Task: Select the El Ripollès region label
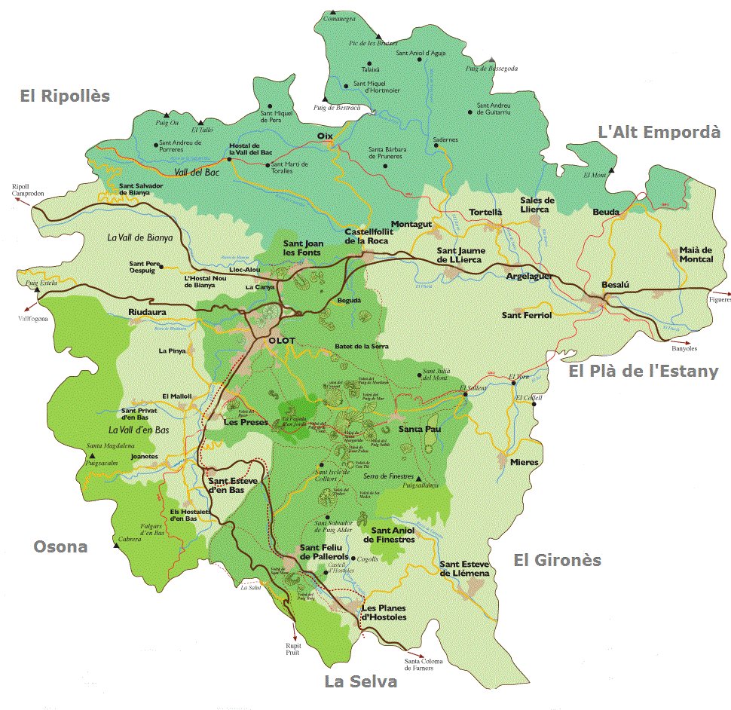pyautogui.click(x=65, y=96)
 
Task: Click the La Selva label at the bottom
pyautogui.click(x=360, y=681)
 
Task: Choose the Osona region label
pyautogui.click(x=60, y=546)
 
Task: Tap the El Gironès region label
pyautogui.click(x=557, y=559)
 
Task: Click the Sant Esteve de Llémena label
pyautogui.click(x=464, y=568)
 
